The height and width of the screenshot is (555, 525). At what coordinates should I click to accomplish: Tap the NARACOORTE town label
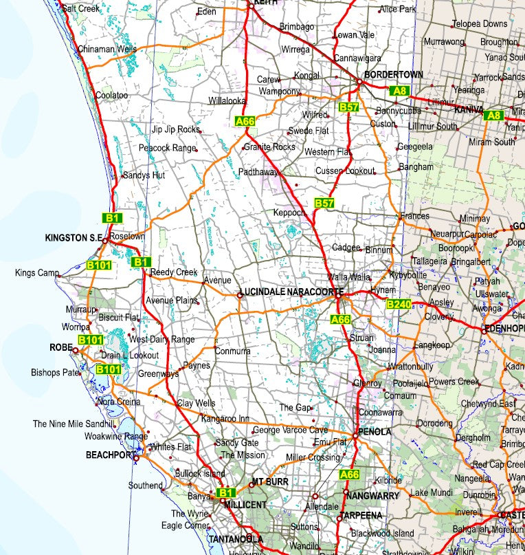[x=315, y=292]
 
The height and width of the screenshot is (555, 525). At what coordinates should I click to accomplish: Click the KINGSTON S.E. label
[x=73, y=238]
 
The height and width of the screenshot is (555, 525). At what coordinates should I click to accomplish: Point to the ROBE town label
[x=60, y=347]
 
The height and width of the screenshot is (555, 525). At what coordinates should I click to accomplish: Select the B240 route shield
[x=398, y=305]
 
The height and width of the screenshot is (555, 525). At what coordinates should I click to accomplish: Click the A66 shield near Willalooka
[x=245, y=121]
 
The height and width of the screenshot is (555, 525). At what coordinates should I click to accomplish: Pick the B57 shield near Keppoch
[x=324, y=203]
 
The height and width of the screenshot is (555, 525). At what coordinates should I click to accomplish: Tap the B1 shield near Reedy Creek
[x=141, y=262]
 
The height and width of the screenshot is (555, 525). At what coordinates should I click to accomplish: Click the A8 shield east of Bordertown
[x=400, y=90]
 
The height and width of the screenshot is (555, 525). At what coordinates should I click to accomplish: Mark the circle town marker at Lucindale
[x=240, y=295]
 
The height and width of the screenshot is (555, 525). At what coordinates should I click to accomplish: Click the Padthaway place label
[x=259, y=172]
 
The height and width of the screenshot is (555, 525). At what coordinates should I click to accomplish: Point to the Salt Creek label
[x=80, y=9]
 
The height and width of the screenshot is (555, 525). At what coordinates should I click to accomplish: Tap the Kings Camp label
[x=37, y=273]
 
